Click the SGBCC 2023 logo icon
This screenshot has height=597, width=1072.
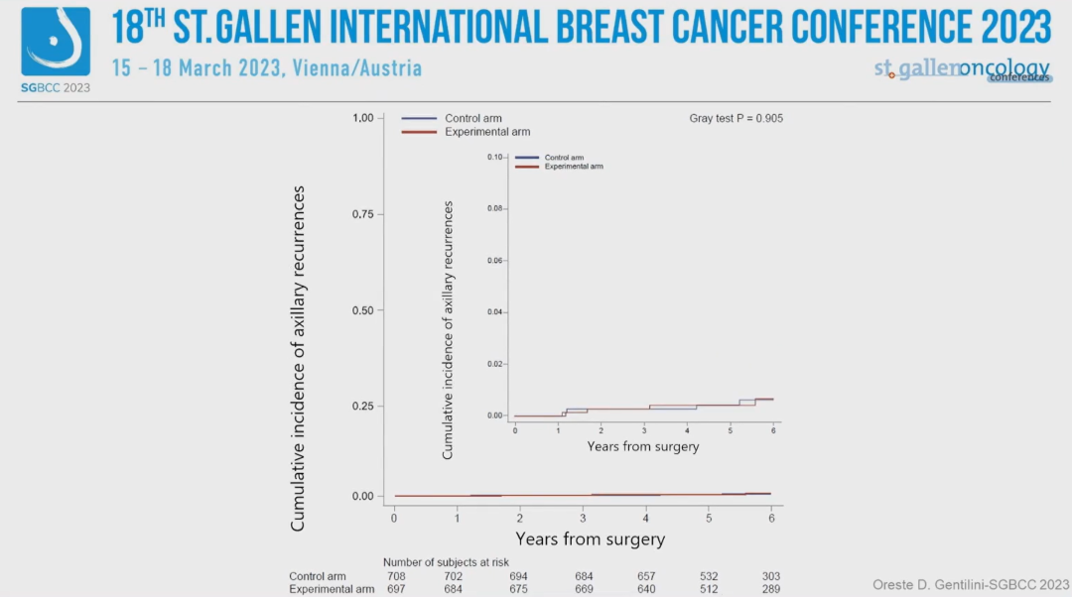tap(56, 44)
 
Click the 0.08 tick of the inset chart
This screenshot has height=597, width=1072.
tap(496, 209)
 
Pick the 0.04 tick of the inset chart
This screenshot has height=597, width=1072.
tap(496, 312)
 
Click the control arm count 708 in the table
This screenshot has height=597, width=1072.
tap(396, 576)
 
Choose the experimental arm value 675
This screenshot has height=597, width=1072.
tap(519, 590)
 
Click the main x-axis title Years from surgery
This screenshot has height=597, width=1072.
tap(590, 539)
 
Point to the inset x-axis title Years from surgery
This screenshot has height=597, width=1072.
tap(643, 447)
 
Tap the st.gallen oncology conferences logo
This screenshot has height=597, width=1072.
tap(962, 69)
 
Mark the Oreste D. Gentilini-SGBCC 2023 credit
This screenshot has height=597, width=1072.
tap(971, 584)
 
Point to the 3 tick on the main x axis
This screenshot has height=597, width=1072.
tap(583, 519)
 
